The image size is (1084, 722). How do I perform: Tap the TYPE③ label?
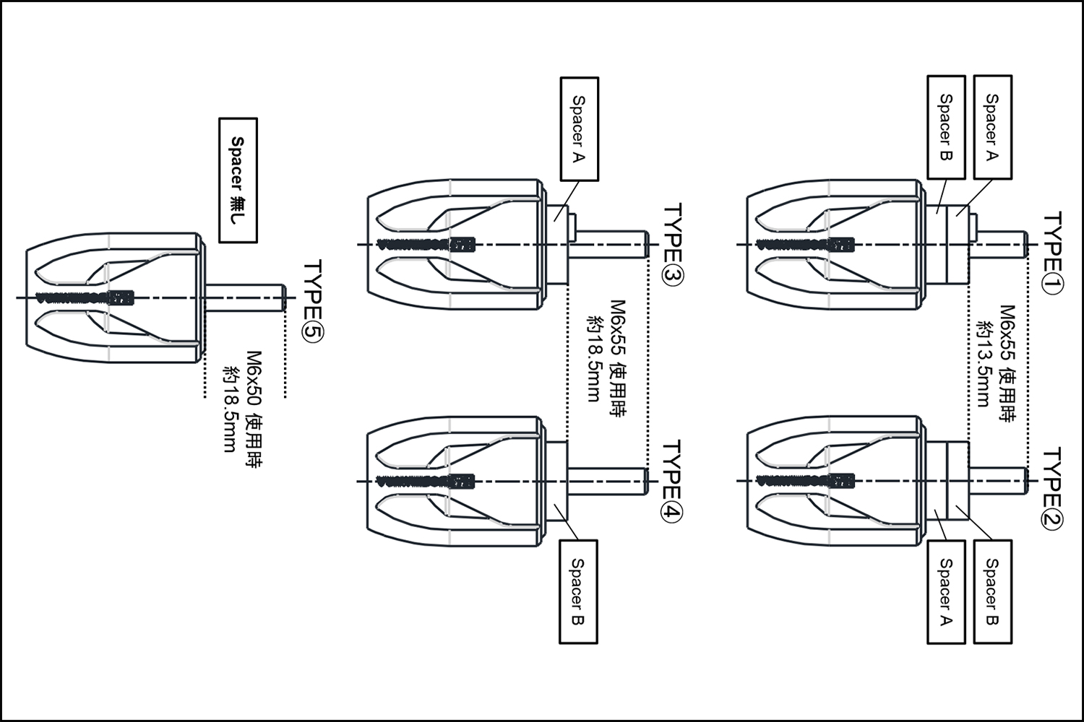[x=673, y=245]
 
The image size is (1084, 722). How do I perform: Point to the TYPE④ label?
[x=673, y=480]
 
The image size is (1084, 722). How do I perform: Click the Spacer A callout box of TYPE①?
[x=993, y=127]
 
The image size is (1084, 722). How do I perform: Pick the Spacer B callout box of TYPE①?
[x=946, y=127]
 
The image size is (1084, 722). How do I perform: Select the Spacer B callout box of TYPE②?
[x=993, y=591]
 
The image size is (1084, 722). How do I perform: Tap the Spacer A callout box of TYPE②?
[x=946, y=591]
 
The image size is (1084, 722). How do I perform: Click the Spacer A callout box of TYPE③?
[x=579, y=129]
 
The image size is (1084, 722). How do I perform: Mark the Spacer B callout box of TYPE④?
[x=579, y=591]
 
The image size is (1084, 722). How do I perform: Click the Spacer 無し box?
[x=238, y=180]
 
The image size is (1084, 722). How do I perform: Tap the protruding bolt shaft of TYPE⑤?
[x=245, y=297]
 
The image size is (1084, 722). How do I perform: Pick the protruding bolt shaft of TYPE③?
[x=611, y=245]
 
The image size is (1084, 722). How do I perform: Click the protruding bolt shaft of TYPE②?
[x=997, y=481]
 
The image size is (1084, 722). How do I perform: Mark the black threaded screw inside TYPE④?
[x=426, y=480]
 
